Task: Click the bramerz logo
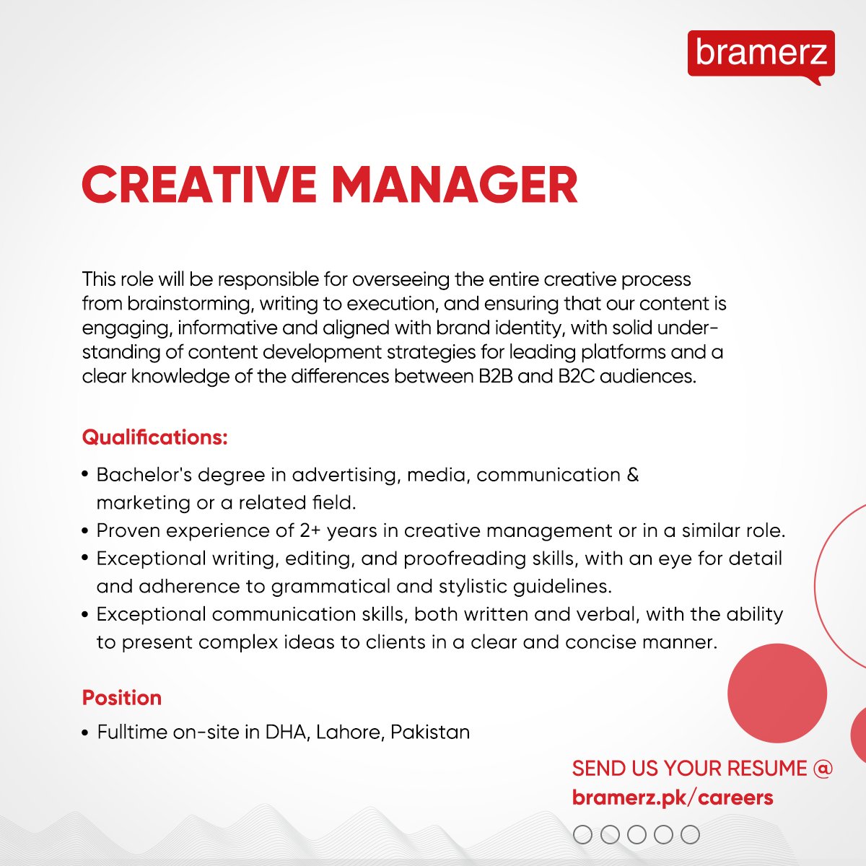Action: [761, 54]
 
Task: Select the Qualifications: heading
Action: [155, 437]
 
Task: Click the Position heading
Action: [122, 698]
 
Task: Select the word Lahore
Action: [348, 732]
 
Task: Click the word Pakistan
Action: [430, 732]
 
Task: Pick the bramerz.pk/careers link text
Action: [673, 797]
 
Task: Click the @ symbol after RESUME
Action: [823, 768]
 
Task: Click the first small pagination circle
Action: [582, 835]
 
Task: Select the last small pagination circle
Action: [691, 835]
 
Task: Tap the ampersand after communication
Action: [633, 475]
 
